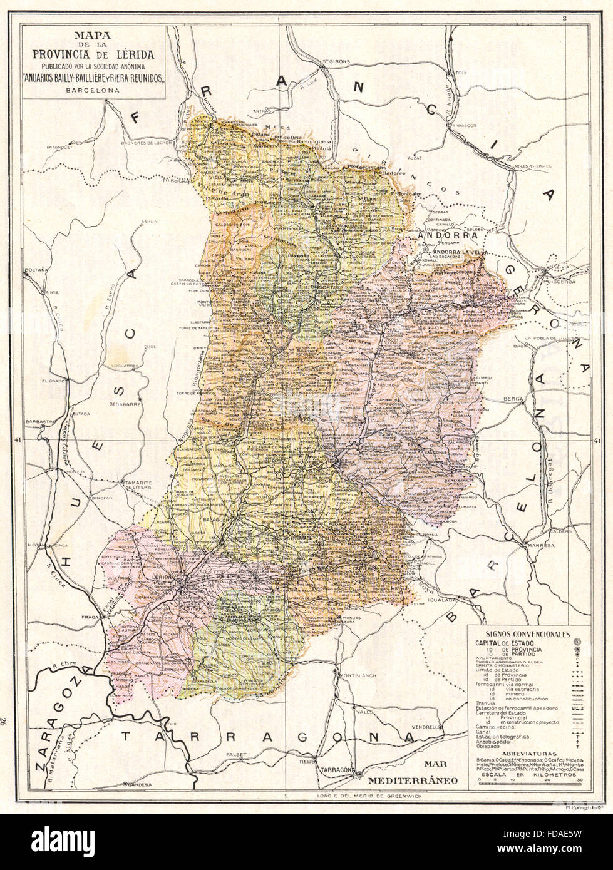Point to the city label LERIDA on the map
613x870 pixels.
click(x=163, y=575)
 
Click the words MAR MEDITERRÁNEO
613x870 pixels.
click(x=413, y=773)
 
